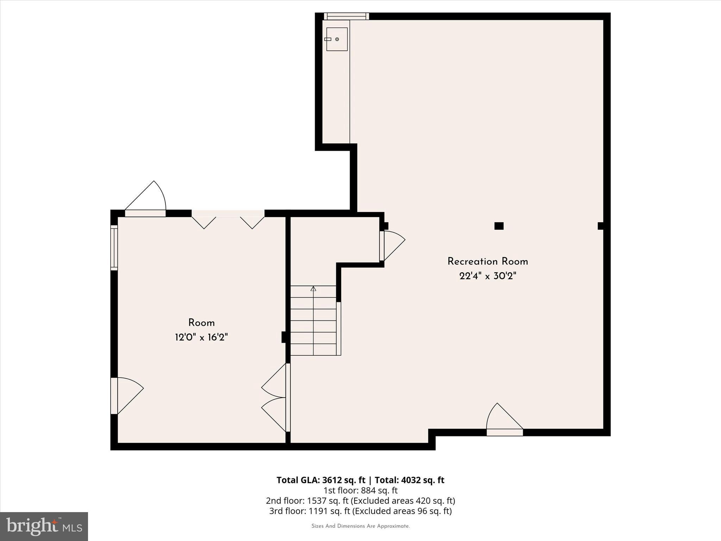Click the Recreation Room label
click(488, 261)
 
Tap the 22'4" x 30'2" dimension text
click(488, 276)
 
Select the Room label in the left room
click(201, 323)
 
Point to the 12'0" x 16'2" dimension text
click(201, 337)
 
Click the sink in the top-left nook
click(337, 39)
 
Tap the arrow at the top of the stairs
click(313, 289)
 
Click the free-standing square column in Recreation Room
click(499, 226)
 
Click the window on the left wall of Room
click(114, 248)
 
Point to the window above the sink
click(346, 16)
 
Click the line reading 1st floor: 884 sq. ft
click(360, 490)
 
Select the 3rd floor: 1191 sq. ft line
click(360, 511)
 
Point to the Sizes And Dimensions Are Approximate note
click(360, 526)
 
